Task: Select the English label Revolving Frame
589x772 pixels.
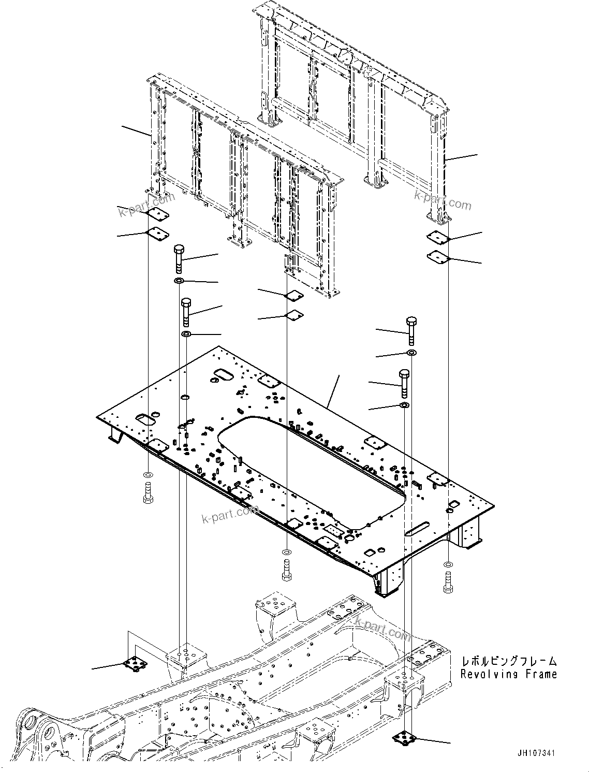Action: click(x=509, y=674)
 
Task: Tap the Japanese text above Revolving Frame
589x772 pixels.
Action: click(x=509, y=661)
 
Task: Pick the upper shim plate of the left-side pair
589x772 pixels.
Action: click(x=158, y=213)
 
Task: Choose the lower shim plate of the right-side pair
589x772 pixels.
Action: click(x=438, y=256)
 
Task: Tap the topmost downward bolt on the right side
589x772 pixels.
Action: click(x=411, y=329)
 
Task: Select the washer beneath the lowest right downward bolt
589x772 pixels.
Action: click(x=404, y=404)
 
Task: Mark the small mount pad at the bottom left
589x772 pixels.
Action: click(x=136, y=663)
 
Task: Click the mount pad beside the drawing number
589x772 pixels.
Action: click(x=403, y=737)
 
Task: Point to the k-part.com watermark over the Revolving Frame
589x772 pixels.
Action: click(x=382, y=628)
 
